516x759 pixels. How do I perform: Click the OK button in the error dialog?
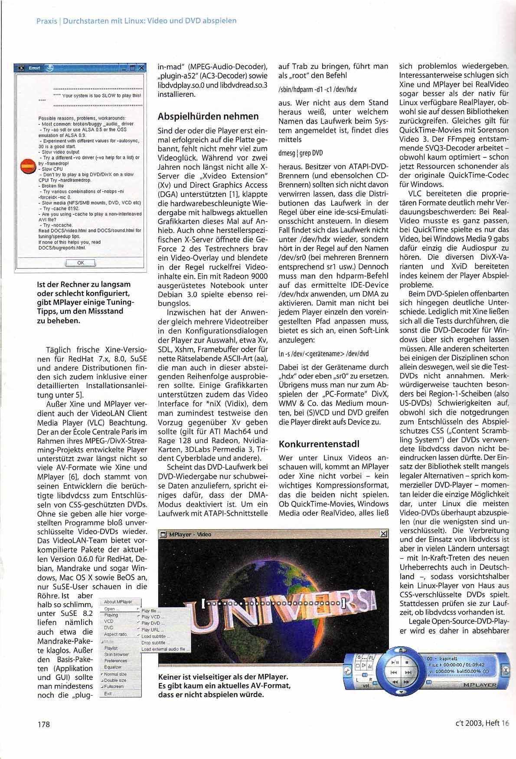81,263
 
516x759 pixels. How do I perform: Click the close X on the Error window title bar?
140,68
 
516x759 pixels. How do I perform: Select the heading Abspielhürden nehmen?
208,116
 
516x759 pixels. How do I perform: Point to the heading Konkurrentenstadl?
319,444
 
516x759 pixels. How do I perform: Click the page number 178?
44,724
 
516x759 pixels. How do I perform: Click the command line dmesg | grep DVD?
300,153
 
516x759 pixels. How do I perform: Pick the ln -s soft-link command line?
323,354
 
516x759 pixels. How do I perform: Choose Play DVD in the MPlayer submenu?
151,623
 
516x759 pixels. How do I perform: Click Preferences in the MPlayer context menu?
116,661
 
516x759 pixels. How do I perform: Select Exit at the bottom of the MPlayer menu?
108,694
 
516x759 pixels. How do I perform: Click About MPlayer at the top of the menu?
118,602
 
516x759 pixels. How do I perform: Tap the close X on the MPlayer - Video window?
383,534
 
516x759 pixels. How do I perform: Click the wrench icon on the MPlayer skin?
347,671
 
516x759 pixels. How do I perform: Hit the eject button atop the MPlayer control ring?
401,651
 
